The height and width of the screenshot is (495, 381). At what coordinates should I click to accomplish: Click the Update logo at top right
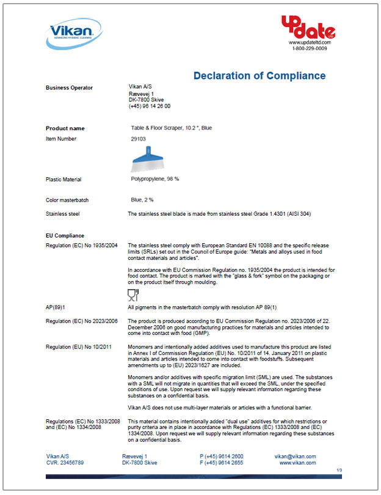click(308, 27)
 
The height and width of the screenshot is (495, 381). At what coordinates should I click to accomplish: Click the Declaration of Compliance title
click(259, 76)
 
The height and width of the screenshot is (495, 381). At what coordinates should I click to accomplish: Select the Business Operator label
click(70, 88)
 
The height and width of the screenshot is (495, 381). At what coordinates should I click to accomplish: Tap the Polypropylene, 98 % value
click(154, 179)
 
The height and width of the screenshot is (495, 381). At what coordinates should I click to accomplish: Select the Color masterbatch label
click(68, 200)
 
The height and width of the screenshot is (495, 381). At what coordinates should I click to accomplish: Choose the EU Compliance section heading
click(65, 235)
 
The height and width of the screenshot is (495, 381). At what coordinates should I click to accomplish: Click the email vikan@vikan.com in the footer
click(296, 457)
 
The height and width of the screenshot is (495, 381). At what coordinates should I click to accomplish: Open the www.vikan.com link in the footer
click(297, 463)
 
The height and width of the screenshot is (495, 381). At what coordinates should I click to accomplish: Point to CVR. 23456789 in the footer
click(65, 463)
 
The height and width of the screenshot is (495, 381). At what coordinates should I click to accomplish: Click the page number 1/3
click(339, 470)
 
